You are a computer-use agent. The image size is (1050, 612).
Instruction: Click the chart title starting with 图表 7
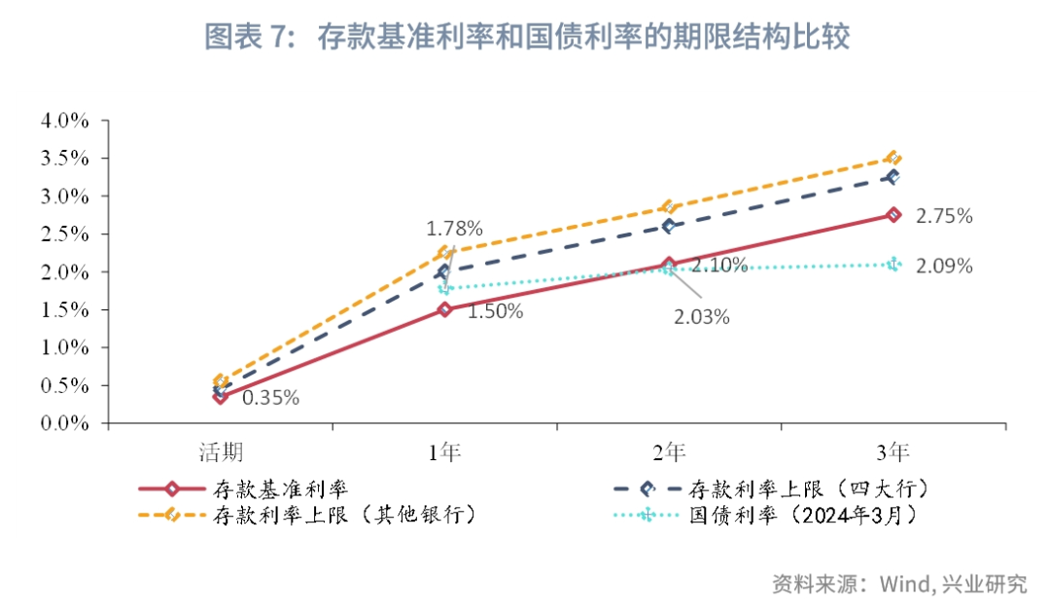click(x=527, y=37)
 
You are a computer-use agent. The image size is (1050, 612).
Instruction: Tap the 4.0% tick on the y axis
click(x=64, y=122)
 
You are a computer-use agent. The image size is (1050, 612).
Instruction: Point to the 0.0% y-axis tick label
click(x=64, y=424)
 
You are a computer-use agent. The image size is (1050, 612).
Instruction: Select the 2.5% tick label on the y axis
click(x=64, y=234)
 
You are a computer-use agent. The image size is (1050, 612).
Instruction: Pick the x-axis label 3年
click(x=893, y=452)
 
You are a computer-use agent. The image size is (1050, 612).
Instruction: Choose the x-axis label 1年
click(x=444, y=452)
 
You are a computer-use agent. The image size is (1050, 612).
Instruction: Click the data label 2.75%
click(x=944, y=216)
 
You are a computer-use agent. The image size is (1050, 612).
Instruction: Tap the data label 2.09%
click(x=944, y=266)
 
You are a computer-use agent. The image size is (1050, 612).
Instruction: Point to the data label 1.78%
click(x=454, y=230)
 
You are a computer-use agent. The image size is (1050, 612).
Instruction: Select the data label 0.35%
click(x=270, y=397)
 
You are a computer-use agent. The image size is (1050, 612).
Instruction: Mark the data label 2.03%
click(x=701, y=317)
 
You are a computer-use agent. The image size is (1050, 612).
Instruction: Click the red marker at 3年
click(x=893, y=215)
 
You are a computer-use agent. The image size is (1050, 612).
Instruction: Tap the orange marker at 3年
click(x=893, y=159)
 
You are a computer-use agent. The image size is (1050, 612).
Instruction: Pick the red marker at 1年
click(x=444, y=309)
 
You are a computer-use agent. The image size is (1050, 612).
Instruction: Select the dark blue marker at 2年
click(x=669, y=226)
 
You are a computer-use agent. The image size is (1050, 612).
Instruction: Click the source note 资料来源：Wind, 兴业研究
click(x=899, y=585)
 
